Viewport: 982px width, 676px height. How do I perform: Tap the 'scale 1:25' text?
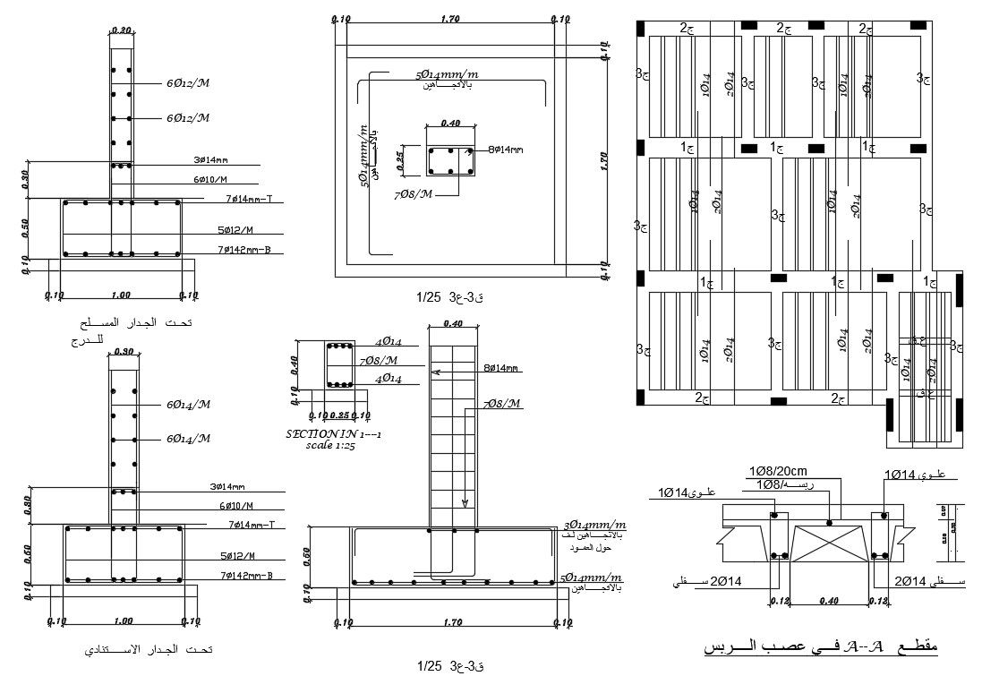(330, 444)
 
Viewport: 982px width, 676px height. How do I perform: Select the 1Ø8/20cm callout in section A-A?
(778, 471)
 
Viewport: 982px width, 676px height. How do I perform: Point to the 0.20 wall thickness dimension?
(121, 30)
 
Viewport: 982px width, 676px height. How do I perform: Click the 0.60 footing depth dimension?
(308, 556)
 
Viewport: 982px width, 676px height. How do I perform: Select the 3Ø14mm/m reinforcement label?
(593, 526)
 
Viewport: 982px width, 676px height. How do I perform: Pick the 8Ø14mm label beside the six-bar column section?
(505, 150)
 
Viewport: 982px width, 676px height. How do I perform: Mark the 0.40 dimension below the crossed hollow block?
(828, 602)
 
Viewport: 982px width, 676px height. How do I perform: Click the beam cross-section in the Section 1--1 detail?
(339, 366)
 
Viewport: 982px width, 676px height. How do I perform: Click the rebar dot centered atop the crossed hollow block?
(829, 521)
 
